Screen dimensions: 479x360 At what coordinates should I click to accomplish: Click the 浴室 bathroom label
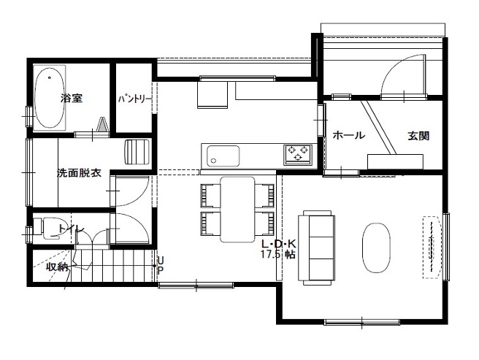(x=72, y=98)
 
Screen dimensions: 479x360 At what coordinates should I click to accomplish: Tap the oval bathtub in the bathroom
(x=50, y=98)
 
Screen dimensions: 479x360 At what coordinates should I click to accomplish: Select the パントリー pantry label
(x=134, y=99)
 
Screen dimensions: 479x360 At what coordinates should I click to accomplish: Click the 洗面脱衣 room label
(x=79, y=173)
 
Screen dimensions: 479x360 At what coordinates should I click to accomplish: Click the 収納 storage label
(x=57, y=267)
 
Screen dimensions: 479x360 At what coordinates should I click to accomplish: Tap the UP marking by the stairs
(x=161, y=264)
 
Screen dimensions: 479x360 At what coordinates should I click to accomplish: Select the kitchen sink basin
(x=223, y=156)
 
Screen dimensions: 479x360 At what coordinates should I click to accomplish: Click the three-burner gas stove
(x=297, y=154)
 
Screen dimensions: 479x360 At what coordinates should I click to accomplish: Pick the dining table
(x=237, y=210)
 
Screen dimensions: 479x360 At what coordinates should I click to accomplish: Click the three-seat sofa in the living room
(x=316, y=248)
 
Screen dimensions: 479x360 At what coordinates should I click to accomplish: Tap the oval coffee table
(x=376, y=248)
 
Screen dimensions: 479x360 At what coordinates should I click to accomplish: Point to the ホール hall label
(x=348, y=135)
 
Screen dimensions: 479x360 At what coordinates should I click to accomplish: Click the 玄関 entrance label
(x=418, y=136)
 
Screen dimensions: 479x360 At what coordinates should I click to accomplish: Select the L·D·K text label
(x=279, y=244)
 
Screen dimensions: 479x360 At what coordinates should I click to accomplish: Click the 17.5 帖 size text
(x=278, y=253)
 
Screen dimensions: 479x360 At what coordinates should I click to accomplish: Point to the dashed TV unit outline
(x=432, y=248)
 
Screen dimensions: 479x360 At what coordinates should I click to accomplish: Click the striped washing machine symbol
(x=137, y=152)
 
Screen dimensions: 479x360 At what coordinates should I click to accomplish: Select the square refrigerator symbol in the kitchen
(x=212, y=93)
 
